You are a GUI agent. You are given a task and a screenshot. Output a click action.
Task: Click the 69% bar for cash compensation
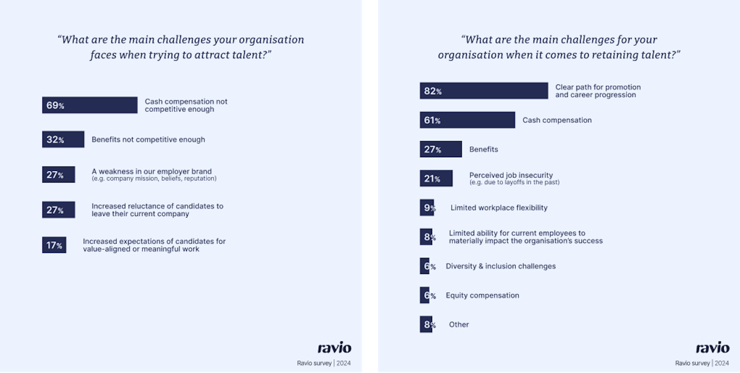(x=90, y=105)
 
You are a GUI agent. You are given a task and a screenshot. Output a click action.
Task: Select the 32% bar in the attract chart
(x=63, y=140)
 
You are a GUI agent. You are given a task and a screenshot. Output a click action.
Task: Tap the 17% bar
(x=54, y=245)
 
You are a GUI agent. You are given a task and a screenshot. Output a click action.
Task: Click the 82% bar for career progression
(x=483, y=91)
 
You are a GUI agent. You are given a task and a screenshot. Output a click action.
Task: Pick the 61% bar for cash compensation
(x=467, y=120)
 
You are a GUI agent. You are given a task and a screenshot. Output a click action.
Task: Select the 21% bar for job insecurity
(x=436, y=178)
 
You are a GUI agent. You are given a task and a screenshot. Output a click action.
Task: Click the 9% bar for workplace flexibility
(x=427, y=207)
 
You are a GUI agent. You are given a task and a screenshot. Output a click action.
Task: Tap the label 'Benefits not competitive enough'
(x=148, y=140)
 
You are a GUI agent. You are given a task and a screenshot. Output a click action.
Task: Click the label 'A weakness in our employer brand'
(x=152, y=171)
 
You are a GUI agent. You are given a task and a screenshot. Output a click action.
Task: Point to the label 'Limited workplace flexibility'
(x=499, y=208)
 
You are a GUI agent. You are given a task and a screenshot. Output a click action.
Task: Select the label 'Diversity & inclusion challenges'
(x=500, y=266)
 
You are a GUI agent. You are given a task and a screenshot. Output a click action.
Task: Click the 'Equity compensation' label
(x=482, y=295)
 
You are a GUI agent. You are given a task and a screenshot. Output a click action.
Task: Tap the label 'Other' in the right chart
(x=459, y=325)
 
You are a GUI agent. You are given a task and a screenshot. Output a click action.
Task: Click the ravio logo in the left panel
(x=334, y=348)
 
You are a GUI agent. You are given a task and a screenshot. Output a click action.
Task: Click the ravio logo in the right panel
(x=713, y=348)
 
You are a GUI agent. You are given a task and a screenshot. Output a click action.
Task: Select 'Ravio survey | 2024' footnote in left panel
(x=324, y=363)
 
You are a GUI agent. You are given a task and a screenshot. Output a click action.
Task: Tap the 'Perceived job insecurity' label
(x=511, y=175)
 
